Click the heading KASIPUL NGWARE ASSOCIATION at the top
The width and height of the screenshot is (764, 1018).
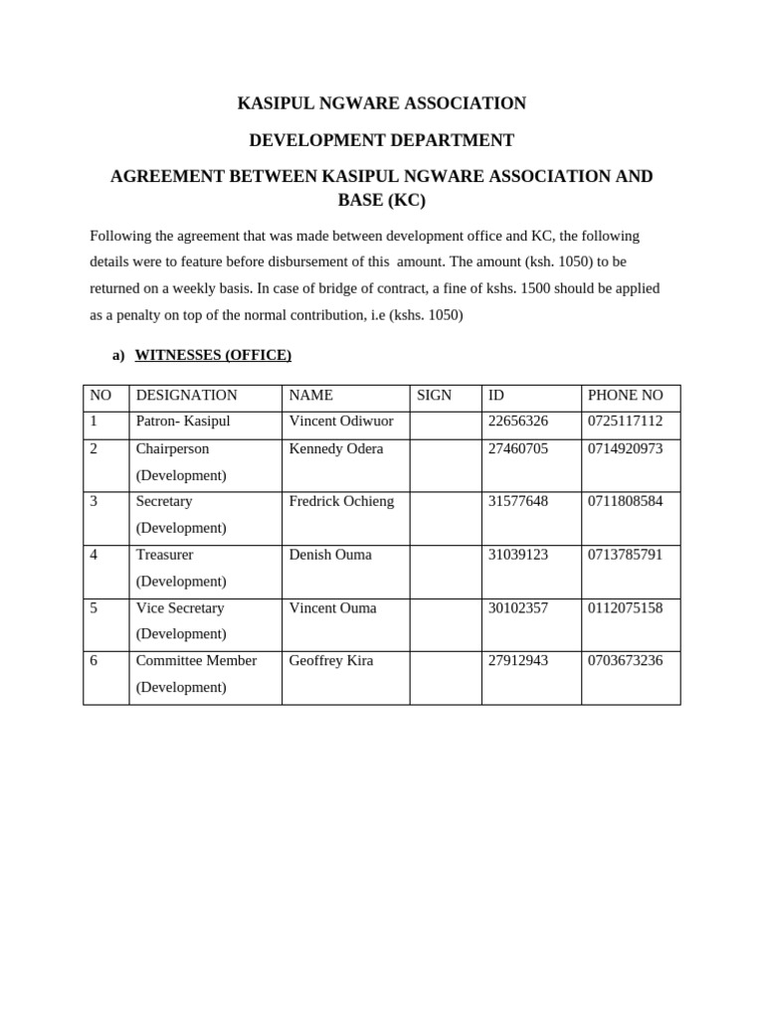click(x=381, y=103)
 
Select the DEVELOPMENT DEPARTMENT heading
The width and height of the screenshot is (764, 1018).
click(x=381, y=140)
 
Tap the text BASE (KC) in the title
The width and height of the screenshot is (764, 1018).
click(x=381, y=200)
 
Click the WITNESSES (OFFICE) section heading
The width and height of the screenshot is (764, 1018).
click(x=213, y=355)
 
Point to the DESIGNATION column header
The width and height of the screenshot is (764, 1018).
click(x=186, y=396)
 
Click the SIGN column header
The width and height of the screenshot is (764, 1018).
click(x=434, y=396)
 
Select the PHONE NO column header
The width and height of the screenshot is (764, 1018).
click(x=625, y=396)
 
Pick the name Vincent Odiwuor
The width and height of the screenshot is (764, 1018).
click(x=340, y=422)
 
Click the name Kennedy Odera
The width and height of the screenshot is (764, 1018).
click(x=335, y=449)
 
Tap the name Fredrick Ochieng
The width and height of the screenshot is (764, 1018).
click(x=341, y=502)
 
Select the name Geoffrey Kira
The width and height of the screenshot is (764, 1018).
click(x=330, y=661)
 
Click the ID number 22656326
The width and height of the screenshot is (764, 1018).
click(x=517, y=422)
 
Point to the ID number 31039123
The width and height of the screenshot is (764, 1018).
click(x=517, y=555)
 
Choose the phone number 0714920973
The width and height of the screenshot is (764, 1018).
click(x=625, y=449)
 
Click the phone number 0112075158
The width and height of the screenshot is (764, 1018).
click(x=625, y=608)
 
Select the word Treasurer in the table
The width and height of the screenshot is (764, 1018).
click(x=164, y=555)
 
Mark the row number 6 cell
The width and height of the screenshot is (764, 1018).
click(x=95, y=661)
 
